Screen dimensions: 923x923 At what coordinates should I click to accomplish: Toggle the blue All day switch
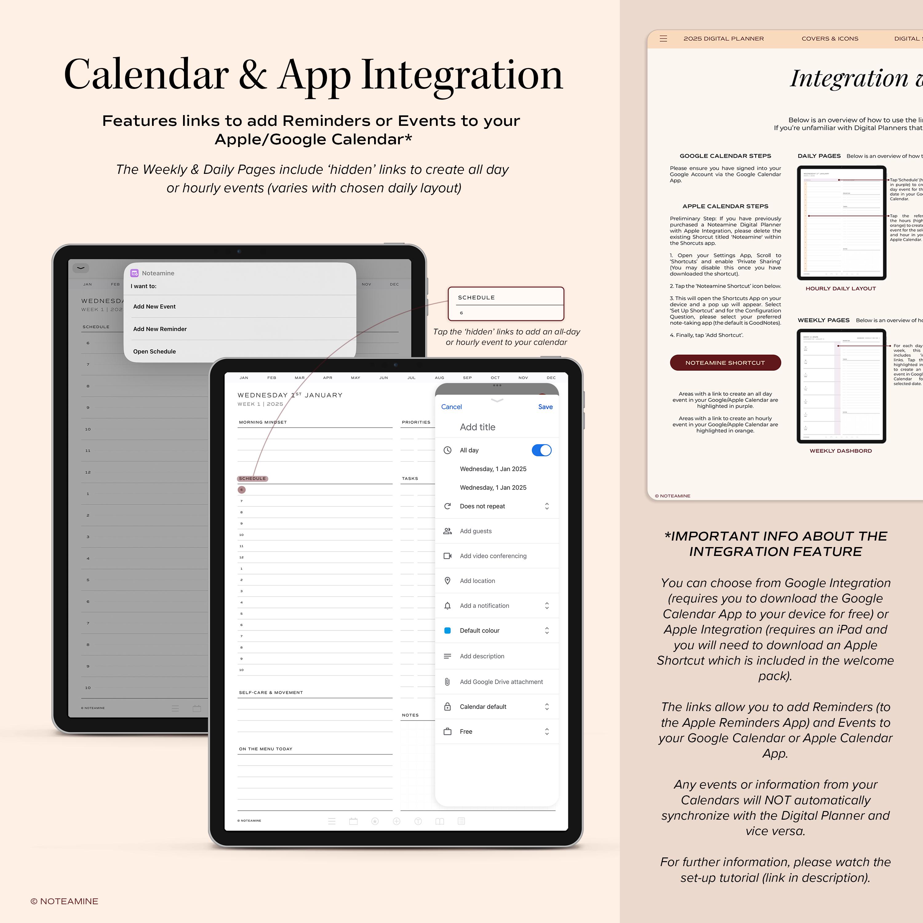coord(541,450)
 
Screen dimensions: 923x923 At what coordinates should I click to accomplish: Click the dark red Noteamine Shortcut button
coord(725,363)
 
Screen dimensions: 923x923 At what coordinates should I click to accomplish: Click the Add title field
coord(478,427)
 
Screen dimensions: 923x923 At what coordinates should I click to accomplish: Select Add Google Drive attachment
coord(501,682)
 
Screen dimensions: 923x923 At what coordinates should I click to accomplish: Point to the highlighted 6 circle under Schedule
coord(242,490)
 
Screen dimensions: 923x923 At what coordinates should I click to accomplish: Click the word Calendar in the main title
coord(146,75)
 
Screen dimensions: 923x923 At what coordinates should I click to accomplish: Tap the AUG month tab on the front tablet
coord(439,378)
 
